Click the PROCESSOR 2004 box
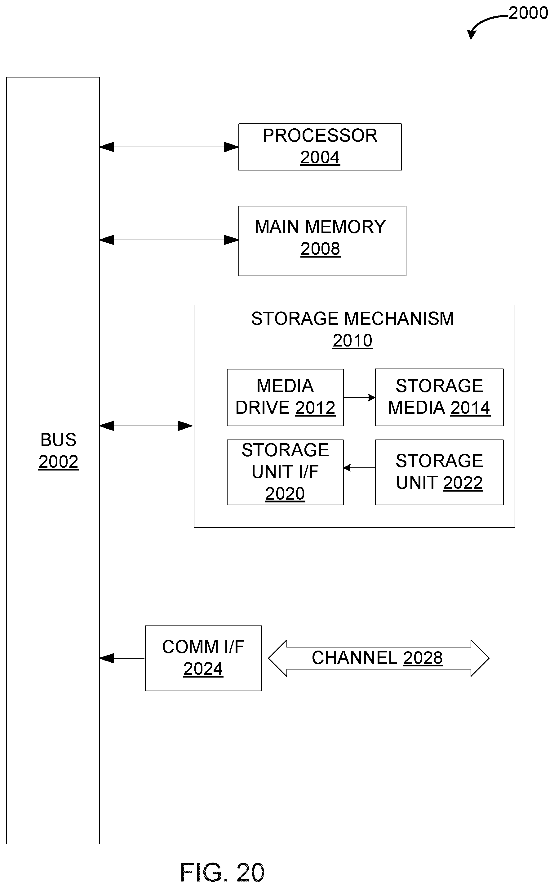tap(320, 147)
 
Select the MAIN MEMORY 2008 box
tap(322, 241)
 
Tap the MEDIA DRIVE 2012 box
tap(285, 397)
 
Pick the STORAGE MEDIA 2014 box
tap(439, 397)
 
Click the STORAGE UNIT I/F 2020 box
tap(285, 472)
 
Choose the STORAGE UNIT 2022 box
tap(439, 472)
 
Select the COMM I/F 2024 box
tap(203, 658)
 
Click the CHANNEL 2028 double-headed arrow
tap(379, 658)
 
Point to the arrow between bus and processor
tap(169, 147)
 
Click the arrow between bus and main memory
tap(169, 240)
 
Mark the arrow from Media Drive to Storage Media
tap(359, 397)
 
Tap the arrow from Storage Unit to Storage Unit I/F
tap(359, 468)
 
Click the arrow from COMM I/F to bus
tap(122, 658)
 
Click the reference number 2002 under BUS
tap(59, 462)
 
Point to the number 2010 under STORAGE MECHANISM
tap(352, 341)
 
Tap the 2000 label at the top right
tap(528, 13)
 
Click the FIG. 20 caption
tap(222, 872)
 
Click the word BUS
tap(59, 440)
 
